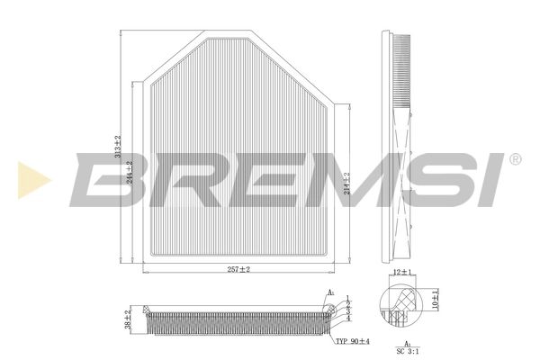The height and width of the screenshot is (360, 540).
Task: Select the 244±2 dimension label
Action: click(x=130, y=171)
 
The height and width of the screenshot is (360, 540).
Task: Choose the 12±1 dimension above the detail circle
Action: click(x=401, y=272)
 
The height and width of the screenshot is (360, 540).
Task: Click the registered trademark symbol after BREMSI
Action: click(x=514, y=159)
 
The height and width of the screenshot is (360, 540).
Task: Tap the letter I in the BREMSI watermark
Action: click(x=490, y=178)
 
